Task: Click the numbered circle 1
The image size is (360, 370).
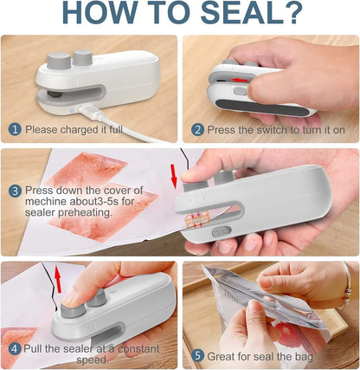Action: point(14,129)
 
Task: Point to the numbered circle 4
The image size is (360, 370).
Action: point(14,349)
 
